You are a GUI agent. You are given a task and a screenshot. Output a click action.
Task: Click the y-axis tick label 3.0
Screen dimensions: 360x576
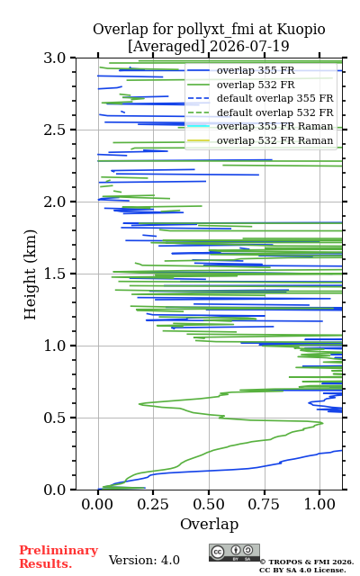[54, 58]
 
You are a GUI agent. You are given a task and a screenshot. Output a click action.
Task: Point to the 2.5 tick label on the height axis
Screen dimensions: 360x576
[54, 130]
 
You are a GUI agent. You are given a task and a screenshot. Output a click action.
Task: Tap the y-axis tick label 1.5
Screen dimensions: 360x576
[54, 274]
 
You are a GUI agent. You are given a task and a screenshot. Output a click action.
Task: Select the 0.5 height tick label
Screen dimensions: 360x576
[54, 418]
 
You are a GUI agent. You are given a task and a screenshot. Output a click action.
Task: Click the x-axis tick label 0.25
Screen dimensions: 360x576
[153, 504]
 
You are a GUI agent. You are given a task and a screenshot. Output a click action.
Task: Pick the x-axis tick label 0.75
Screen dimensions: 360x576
[264, 504]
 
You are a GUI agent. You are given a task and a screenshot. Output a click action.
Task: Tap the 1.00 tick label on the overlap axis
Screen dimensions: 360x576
[319, 504]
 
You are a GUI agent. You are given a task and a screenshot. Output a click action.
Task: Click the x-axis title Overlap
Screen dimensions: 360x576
[209, 524]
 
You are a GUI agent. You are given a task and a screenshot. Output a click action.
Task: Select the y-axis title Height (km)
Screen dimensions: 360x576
[30, 274]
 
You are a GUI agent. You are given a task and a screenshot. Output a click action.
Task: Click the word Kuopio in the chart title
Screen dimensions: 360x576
[301, 30]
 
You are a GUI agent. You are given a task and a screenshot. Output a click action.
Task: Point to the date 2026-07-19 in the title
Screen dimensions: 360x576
[249, 46]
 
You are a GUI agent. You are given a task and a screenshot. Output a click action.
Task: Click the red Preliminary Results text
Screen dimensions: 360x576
[58, 557]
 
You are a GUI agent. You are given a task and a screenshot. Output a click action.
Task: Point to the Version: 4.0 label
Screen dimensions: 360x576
[144, 560]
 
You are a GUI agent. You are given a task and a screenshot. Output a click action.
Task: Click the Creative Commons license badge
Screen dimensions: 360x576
[234, 553]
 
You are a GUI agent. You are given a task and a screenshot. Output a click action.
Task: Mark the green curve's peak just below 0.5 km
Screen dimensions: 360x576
[322, 423]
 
